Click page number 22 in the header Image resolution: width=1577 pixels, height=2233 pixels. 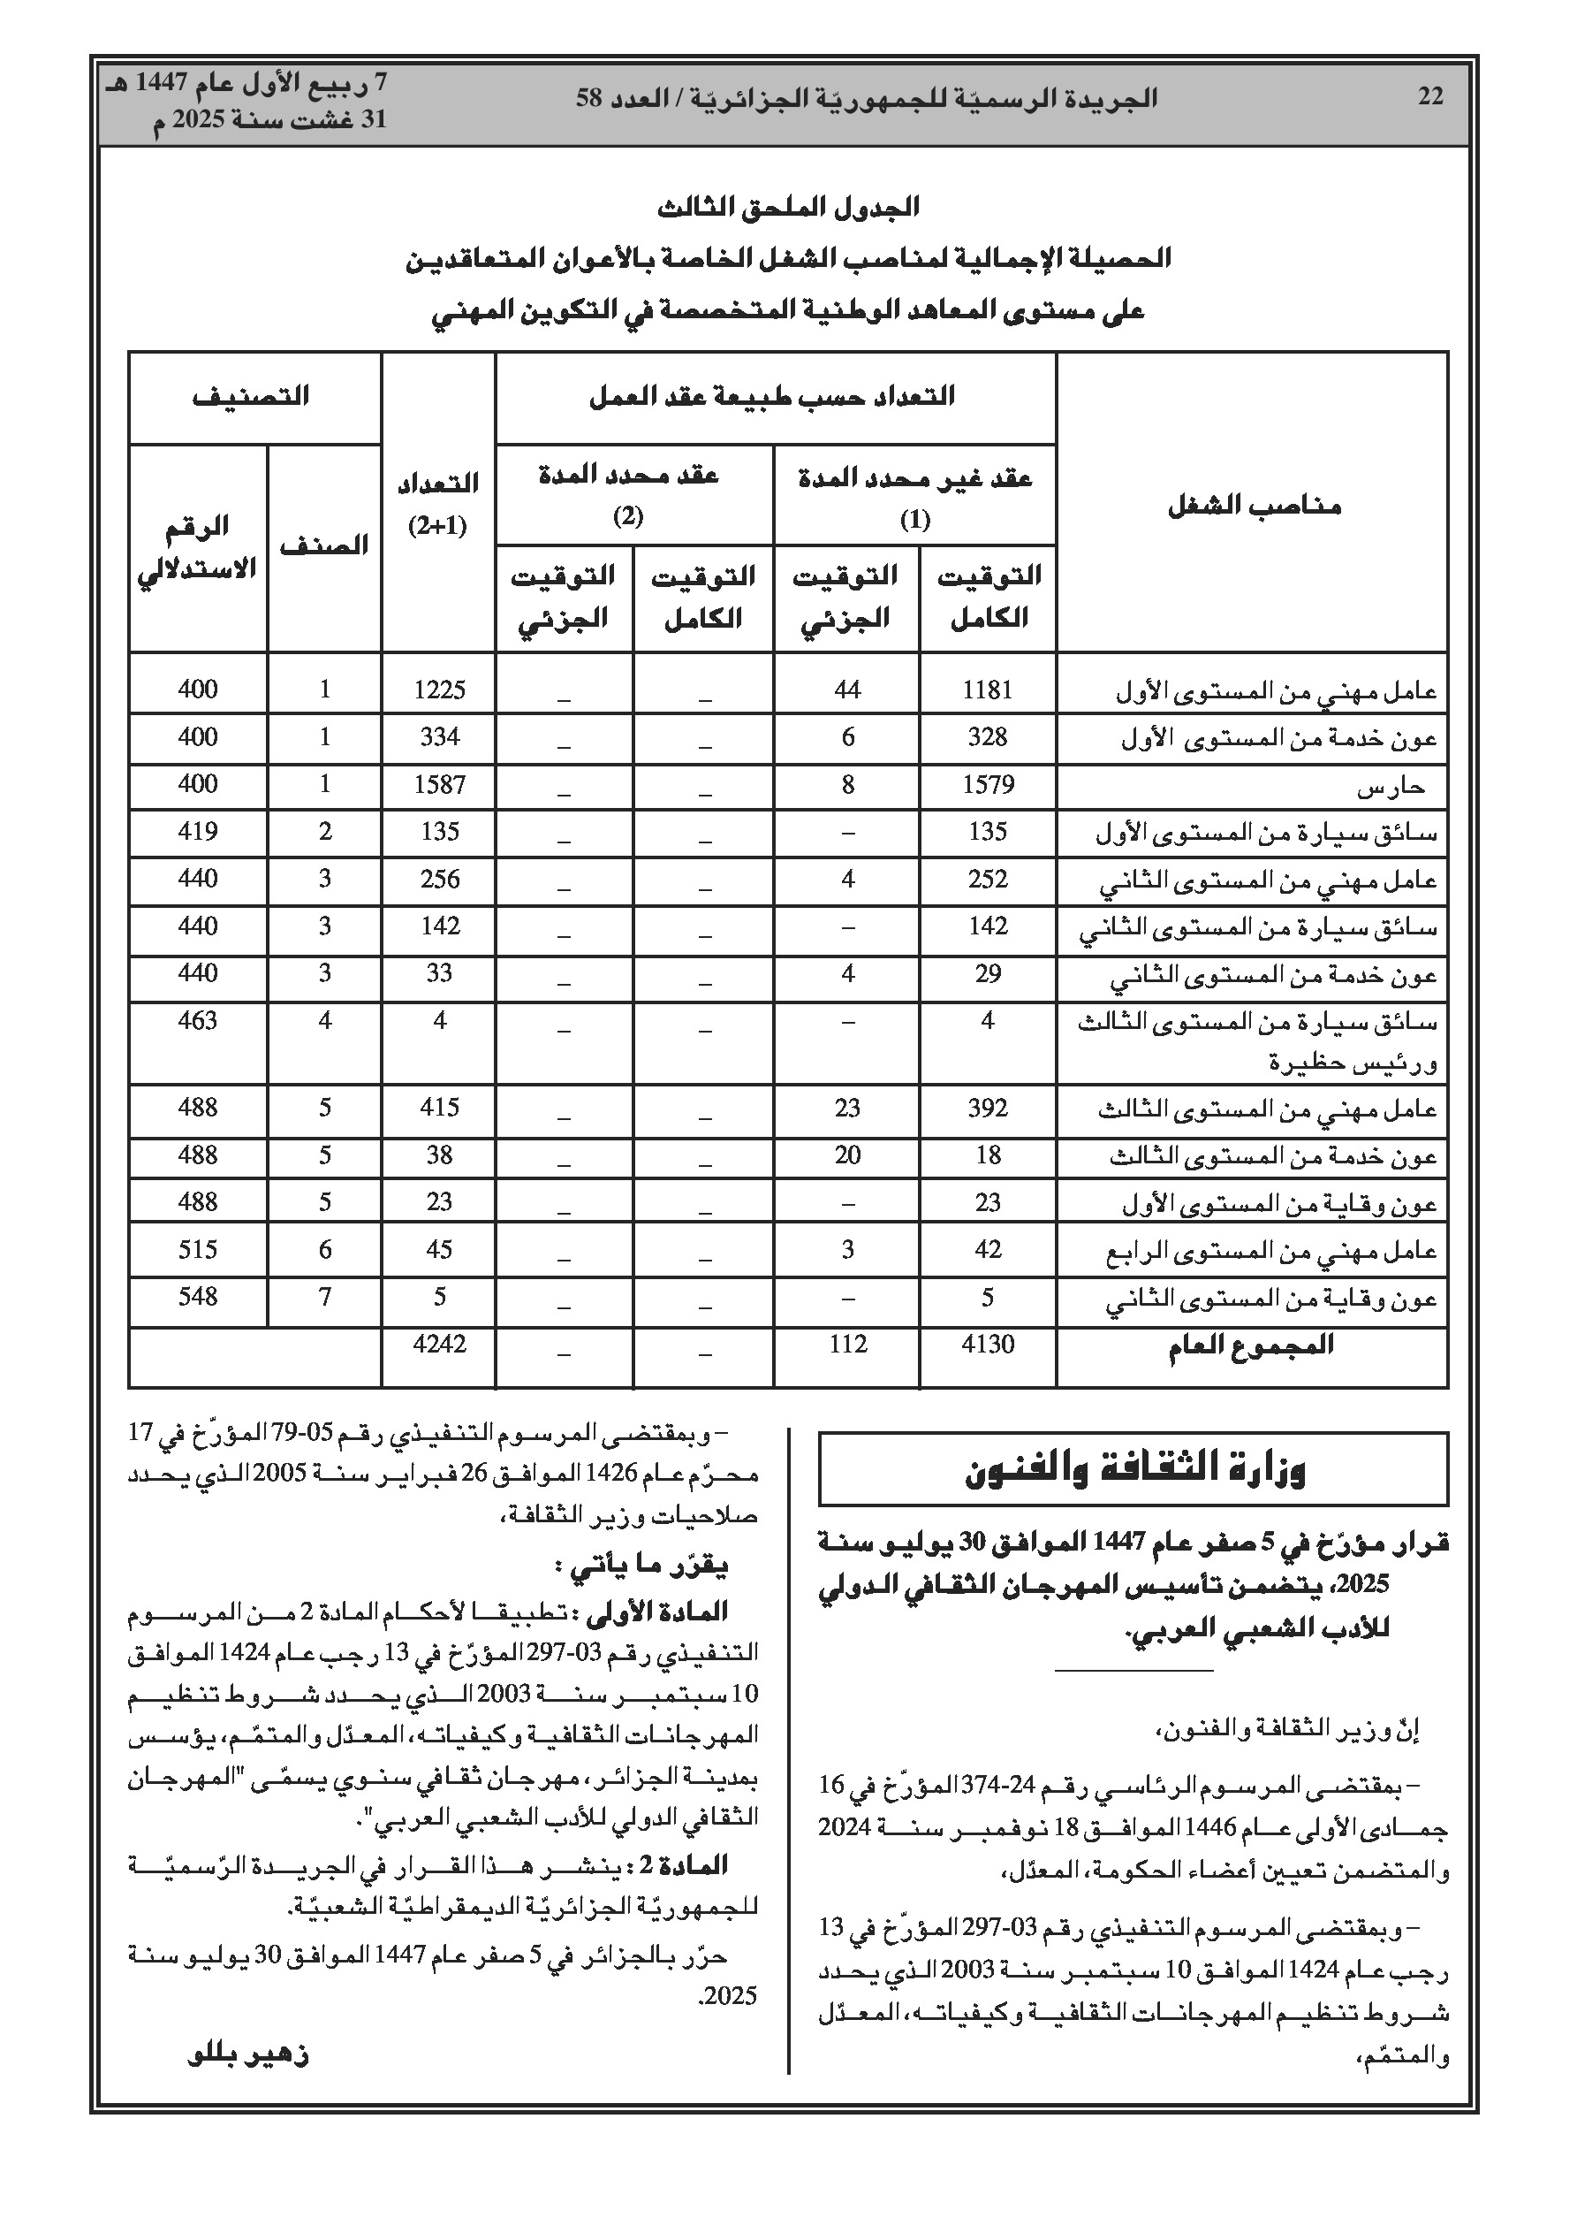pyautogui.click(x=1430, y=97)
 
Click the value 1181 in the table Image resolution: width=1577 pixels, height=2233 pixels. pyautogui.click(x=987, y=690)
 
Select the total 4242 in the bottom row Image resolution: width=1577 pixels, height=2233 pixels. pyautogui.click(x=439, y=1344)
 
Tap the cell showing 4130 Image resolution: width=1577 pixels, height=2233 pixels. pyautogui.click(x=987, y=1344)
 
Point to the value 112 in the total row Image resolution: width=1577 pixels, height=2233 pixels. pyautogui.click(x=848, y=1344)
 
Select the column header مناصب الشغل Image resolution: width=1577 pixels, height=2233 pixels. pyautogui.click(x=1254, y=506)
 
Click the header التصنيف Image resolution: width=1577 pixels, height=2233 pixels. pyautogui.click(x=252, y=396)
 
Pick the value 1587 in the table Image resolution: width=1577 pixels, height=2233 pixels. pyautogui.click(x=439, y=784)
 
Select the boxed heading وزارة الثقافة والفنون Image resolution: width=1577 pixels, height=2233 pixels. pyautogui.click(x=1133, y=1469)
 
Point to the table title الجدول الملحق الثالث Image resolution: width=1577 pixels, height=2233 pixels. pyautogui.click(x=787, y=207)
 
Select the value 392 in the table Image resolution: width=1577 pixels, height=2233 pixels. pyautogui.click(x=987, y=1108)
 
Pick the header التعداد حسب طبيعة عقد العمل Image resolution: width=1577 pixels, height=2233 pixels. pyautogui.click(x=773, y=396)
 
